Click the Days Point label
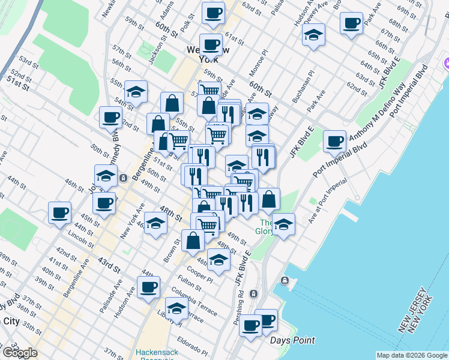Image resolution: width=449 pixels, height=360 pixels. [x=292, y=341]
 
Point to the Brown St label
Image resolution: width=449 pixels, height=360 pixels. [x=172, y=250]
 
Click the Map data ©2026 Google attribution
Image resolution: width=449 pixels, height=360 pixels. [x=411, y=355]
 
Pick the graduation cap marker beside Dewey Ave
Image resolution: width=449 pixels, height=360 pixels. [x=313, y=35]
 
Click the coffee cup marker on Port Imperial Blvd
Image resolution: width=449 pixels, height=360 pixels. [x=334, y=141]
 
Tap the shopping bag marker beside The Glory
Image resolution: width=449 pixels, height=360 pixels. [x=270, y=199]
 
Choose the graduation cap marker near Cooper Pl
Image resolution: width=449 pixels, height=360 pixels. [x=218, y=260]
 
